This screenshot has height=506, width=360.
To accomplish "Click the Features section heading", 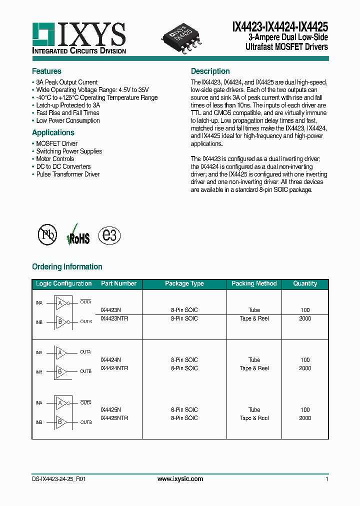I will (x=46, y=71).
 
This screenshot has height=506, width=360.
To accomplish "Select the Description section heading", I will (x=210, y=71).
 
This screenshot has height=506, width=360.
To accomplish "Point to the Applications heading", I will (x=53, y=132).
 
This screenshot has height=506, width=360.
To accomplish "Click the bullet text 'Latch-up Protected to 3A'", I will (x=67, y=105).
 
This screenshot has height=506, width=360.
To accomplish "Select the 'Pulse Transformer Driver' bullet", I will (x=67, y=174).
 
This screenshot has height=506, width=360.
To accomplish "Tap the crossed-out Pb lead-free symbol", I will (x=48, y=235).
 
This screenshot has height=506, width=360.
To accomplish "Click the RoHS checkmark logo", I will (x=78, y=235).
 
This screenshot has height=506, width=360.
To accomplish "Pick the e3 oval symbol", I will (x=109, y=235).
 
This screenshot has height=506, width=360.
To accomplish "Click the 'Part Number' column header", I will (x=118, y=283).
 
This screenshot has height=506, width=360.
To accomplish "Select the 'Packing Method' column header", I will (x=254, y=283).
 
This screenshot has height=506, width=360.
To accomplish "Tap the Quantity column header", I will (x=305, y=283).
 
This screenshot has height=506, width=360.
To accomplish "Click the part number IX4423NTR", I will (x=114, y=318).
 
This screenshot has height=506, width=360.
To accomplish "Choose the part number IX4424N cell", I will (x=110, y=360).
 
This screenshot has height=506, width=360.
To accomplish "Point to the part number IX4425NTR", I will (x=114, y=418).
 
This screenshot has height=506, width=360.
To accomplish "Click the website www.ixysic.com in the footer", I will (x=180, y=479).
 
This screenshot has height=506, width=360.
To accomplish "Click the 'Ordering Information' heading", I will (x=67, y=266).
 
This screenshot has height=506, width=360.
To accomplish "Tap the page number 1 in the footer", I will (x=326, y=479).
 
